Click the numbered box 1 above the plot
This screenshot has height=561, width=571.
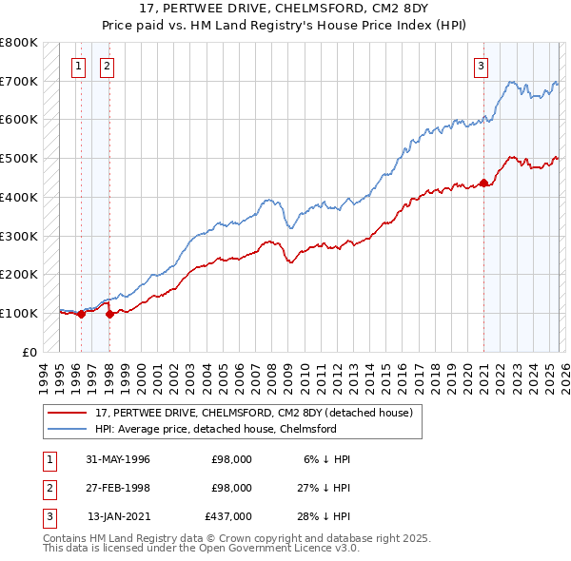point(77,66)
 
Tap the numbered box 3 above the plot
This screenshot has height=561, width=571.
point(482,66)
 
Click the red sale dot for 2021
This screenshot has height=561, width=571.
point(483,183)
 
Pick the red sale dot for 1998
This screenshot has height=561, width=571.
point(109,314)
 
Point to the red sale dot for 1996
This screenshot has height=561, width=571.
point(81,314)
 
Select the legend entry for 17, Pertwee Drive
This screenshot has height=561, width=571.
point(253,413)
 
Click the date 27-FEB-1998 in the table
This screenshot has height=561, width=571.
point(119,487)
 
